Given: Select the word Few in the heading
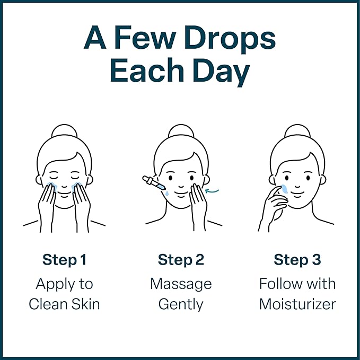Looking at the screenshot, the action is point(144,37).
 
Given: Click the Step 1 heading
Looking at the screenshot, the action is point(65,260).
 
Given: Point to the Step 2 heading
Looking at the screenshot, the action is point(181,260).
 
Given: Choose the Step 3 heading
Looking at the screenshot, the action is point(297,260).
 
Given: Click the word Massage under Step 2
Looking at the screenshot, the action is point(181,285).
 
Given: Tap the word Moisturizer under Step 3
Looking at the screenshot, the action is point(297,304).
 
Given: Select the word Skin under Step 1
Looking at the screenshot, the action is point(86,304).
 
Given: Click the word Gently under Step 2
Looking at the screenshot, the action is point(181,305).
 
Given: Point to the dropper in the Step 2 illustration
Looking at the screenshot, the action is point(154,183).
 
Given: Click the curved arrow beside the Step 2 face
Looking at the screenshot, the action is point(212,190).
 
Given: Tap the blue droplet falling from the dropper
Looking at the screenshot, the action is point(166,194).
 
